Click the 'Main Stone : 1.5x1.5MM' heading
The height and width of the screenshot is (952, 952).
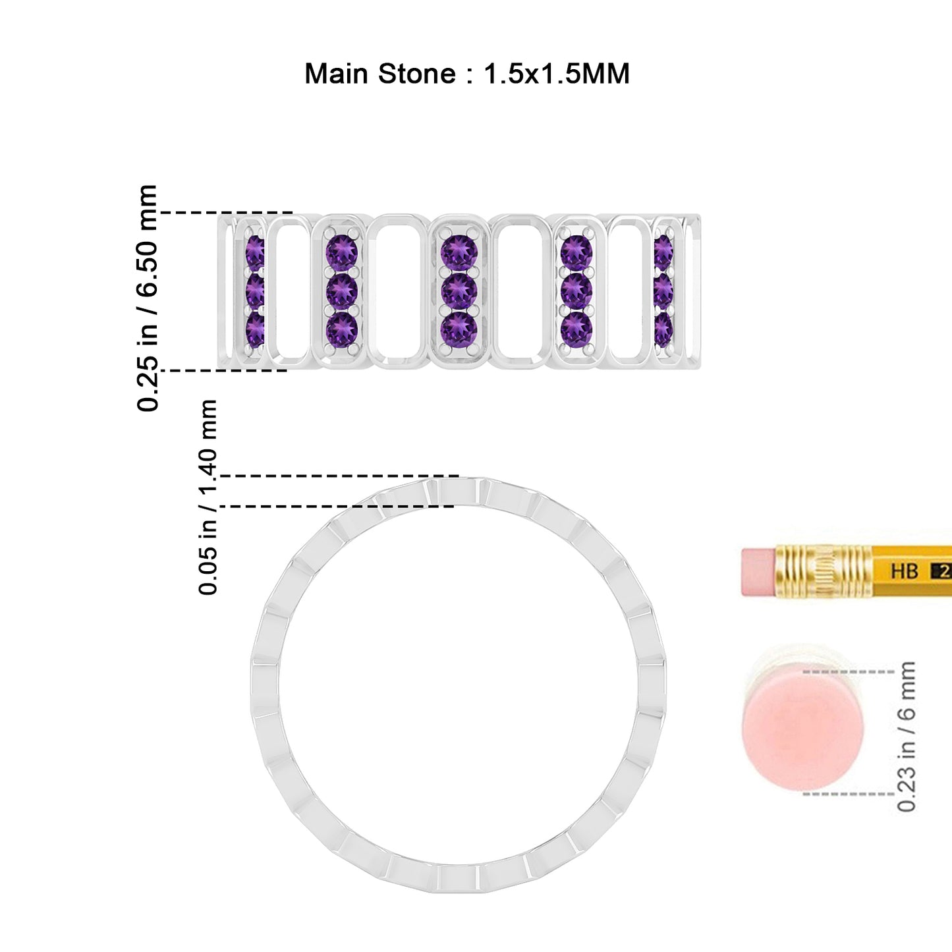coord(467,74)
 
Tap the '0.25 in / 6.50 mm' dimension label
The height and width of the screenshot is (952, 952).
coord(147,298)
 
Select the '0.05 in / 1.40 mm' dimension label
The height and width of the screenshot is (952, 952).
coord(208,497)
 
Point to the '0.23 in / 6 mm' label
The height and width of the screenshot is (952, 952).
coord(907,737)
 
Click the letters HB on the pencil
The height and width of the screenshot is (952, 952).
coord(905,572)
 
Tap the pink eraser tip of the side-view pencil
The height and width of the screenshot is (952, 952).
coord(758,571)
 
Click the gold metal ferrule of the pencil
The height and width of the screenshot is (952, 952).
coord(824,571)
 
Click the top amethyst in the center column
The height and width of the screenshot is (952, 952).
coord(459,253)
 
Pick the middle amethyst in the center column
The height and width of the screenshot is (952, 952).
coord(459,291)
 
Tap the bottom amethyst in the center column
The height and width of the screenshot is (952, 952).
coord(459,329)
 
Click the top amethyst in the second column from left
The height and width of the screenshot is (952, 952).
coord(342,253)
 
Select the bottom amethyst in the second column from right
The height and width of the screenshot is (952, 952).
coord(576,328)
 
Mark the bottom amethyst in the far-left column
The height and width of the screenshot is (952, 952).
coord(255,329)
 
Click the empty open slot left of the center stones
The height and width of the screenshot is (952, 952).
coord(398,291)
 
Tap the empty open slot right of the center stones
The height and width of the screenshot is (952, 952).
coord(520,291)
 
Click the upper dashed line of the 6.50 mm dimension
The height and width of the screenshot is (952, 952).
coord(227,212)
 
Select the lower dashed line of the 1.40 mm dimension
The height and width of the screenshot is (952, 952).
coord(337,507)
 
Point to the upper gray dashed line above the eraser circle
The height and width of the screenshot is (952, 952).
coord(849,672)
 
